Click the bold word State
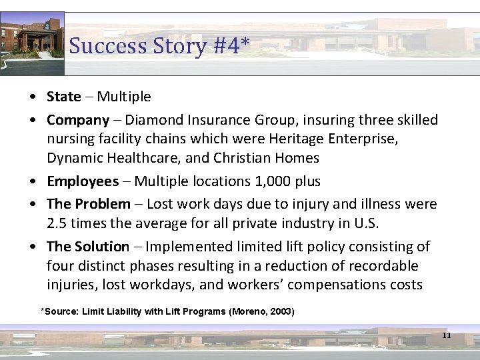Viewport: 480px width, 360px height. tap(63, 97)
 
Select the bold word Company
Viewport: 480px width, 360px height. tap(77, 120)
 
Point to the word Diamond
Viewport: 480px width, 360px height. tap(154, 120)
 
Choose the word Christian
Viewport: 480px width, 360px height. tap(244, 159)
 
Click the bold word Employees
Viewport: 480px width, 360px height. tap(82, 181)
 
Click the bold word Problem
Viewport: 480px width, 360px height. tap(103, 204)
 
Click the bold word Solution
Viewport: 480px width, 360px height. tap(102, 247)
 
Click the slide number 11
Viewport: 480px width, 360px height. tap(447, 335)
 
